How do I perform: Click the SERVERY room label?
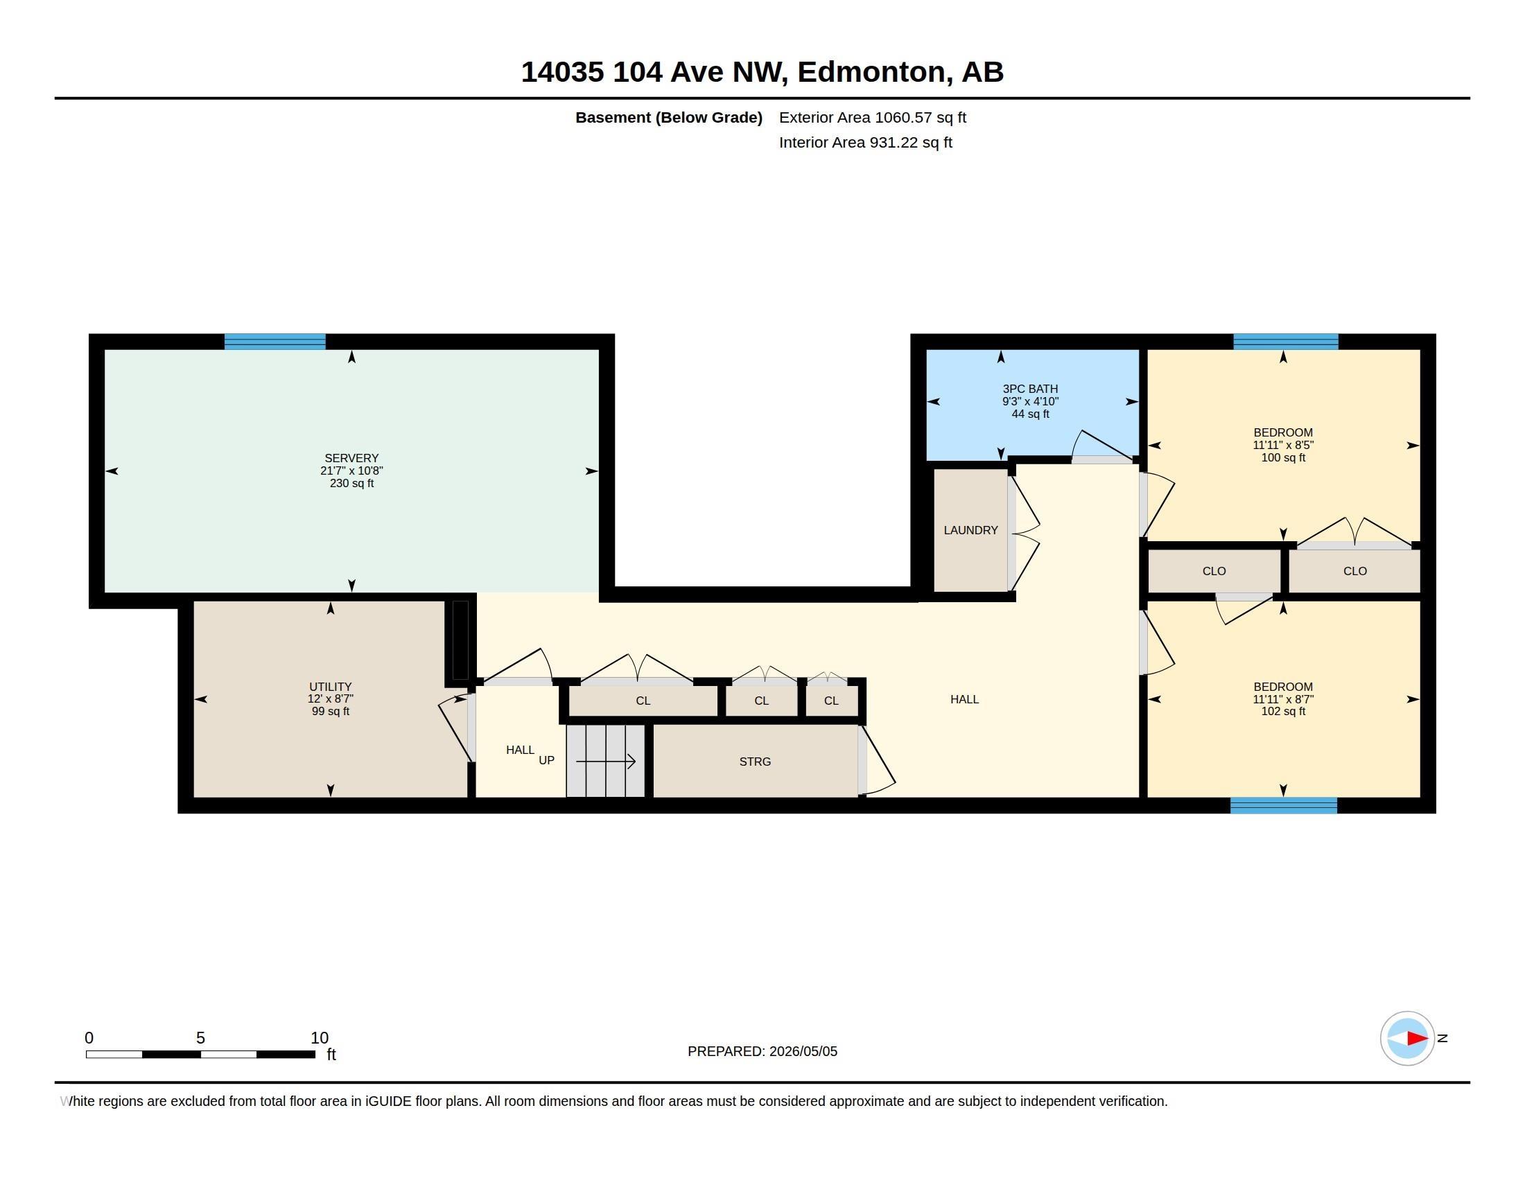(x=351, y=458)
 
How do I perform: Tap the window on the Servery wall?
(x=274, y=341)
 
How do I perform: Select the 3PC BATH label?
(x=1030, y=389)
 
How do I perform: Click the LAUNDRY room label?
(x=970, y=530)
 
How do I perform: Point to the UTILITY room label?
(x=330, y=687)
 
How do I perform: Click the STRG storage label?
(x=755, y=762)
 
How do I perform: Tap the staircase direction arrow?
(x=605, y=762)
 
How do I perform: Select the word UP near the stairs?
(x=546, y=760)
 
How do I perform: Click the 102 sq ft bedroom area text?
(x=1282, y=711)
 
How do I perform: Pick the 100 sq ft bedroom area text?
(x=1282, y=458)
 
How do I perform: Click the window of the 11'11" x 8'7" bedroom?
(x=1283, y=805)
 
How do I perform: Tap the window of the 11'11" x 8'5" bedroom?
(x=1285, y=341)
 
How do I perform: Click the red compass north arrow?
(x=1417, y=1039)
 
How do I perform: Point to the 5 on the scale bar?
(x=200, y=1038)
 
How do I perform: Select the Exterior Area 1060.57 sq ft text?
(x=872, y=117)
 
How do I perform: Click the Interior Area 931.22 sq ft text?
(x=865, y=142)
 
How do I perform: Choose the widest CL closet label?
(x=643, y=701)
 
